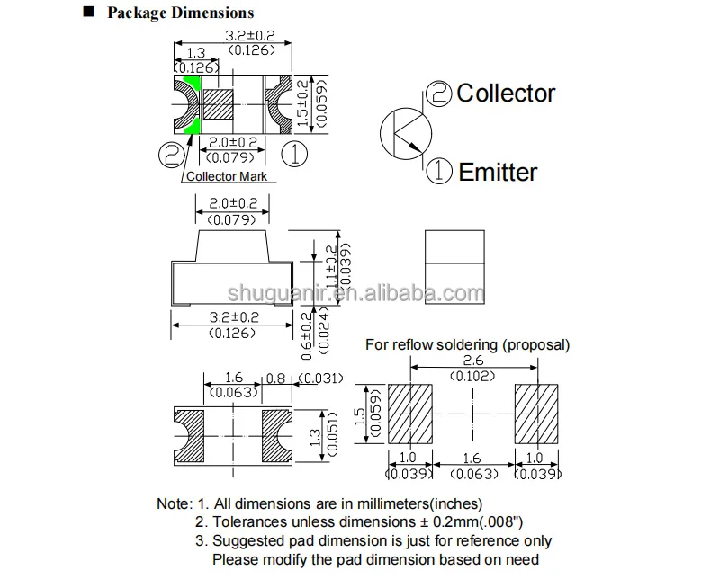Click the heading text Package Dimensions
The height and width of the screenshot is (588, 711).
[180, 13]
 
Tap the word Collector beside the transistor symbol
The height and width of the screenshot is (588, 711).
[506, 94]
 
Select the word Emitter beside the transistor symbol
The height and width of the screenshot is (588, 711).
[498, 172]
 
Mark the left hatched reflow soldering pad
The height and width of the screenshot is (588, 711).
[409, 414]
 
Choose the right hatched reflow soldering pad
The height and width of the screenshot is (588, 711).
[537, 414]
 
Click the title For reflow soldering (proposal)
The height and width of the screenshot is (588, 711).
[467, 344]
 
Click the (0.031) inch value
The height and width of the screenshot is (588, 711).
[321, 379]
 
